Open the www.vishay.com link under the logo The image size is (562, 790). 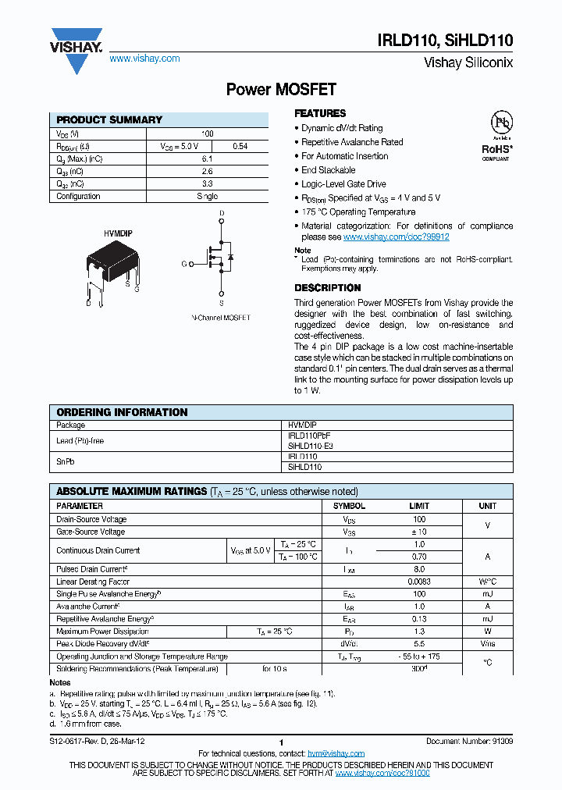(x=144, y=59)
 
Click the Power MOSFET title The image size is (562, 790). (x=280, y=90)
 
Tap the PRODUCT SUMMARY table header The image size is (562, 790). (x=109, y=120)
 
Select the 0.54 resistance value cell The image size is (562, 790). (x=240, y=146)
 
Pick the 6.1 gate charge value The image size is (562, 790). (x=207, y=158)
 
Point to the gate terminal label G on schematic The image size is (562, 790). (x=184, y=265)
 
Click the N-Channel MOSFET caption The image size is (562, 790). (x=221, y=318)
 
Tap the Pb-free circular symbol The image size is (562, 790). (x=500, y=124)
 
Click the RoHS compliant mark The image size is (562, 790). (x=496, y=149)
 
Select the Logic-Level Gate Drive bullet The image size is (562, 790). (x=343, y=184)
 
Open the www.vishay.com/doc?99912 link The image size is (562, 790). (x=396, y=237)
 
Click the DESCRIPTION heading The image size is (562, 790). (x=327, y=288)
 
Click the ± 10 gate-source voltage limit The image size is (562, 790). (x=419, y=532)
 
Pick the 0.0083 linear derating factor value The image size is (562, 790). (x=419, y=582)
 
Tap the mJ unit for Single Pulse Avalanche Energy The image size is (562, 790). (x=487, y=594)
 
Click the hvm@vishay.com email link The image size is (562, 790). (x=336, y=753)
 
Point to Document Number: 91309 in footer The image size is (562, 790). (x=469, y=741)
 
